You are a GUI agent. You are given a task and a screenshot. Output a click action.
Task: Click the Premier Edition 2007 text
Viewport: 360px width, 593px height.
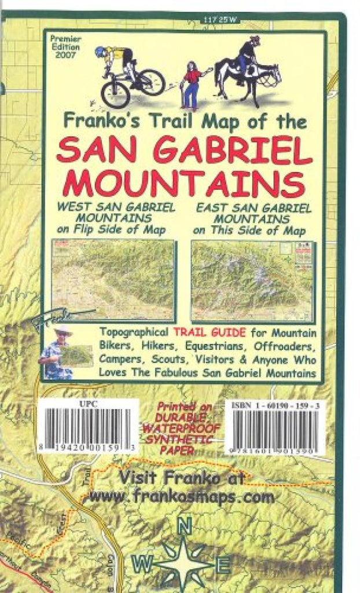pos(66,47)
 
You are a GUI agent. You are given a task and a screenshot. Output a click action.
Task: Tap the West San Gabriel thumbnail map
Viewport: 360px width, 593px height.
pos(113,280)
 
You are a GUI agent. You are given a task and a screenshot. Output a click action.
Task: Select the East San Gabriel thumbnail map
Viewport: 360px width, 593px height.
pos(252,280)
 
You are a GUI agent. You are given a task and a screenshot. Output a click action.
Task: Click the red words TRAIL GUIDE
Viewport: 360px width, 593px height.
pos(208,333)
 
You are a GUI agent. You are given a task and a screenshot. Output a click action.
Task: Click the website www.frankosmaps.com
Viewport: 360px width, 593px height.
pos(182,496)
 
